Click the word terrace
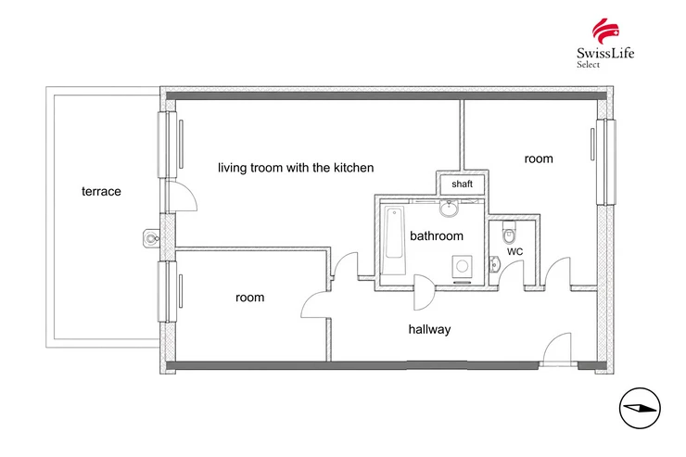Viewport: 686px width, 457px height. point(101,192)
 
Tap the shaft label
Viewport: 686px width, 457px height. point(462,184)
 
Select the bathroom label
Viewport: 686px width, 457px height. point(437,236)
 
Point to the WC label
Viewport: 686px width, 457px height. point(514,251)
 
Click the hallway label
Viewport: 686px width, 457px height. point(429,329)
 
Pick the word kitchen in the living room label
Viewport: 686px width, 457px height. point(354,168)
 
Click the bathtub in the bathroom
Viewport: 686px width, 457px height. point(393,240)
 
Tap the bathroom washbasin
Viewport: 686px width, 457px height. point(449,209)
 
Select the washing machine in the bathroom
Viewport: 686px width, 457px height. point(462,265)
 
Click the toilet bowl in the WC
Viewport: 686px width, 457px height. point(509,233)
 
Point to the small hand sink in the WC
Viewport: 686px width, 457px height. point(494,264)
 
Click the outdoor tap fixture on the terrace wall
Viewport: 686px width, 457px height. point(151,238)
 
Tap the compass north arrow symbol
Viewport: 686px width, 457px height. point(640,409)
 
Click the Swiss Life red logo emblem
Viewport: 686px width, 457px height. point(606,31)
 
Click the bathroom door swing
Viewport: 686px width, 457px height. point(424,292)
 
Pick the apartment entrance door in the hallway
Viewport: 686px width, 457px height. point(556,349)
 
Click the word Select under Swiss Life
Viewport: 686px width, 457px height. point(588,64)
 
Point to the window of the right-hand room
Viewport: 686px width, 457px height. point(605,162)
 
